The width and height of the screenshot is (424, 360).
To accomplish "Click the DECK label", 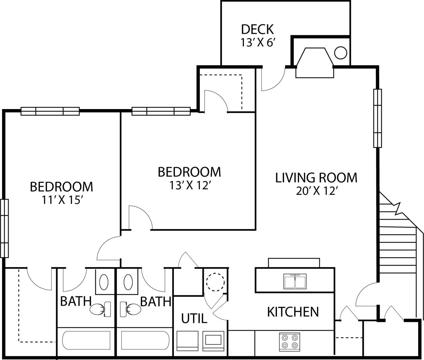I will [257, 30].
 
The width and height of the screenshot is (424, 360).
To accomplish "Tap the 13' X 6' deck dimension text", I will [258, 43].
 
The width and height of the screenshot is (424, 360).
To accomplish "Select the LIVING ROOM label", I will [316, 178].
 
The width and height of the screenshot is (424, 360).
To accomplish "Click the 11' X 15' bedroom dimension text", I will [61, 200].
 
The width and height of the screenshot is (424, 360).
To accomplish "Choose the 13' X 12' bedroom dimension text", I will [189, 186].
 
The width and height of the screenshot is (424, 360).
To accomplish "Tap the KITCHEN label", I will [293, 312].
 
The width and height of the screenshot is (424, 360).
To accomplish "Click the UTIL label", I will [194, 319].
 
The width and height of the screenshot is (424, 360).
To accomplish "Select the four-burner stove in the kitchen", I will [289, 342].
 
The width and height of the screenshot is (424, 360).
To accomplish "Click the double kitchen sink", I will [295, 281].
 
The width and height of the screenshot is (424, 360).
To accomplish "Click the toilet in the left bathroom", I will [100, 309].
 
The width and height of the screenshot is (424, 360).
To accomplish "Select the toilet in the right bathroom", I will [131, 309].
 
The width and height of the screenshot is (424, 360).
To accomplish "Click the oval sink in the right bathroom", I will [128, 282].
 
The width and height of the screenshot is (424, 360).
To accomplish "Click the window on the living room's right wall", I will [377, 118].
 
